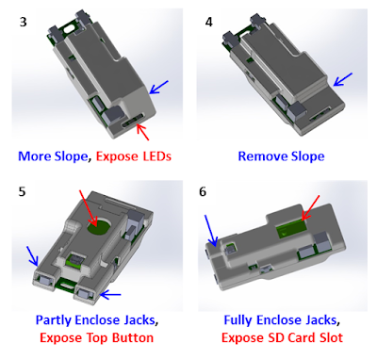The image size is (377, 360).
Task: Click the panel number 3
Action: click(23, 23)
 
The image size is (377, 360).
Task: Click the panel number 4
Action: click(209, 23)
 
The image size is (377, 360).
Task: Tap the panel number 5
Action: click(22, 191)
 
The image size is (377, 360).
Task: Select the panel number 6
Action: click(203, 191)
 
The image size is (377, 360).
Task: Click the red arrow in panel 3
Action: click(143, 132)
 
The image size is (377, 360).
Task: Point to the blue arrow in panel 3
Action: click(159, 87)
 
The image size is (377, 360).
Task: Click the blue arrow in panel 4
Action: click(343, 79)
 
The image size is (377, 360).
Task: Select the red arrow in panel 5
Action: click(89, 207)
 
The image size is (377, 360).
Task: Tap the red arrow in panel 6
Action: click(310, 207)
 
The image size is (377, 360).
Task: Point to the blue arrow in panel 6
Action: click(210, 230)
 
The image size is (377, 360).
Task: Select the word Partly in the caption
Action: click(55, 320)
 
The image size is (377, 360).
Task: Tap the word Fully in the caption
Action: click(238, 320)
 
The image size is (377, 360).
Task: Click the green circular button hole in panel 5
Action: click(99, 225)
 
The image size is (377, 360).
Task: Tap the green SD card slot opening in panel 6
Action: click(291, 230)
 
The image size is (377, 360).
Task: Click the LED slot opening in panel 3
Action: click(134, 122)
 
